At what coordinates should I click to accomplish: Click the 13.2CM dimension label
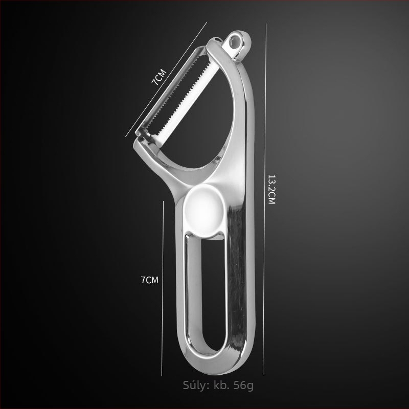(x=271, y=189)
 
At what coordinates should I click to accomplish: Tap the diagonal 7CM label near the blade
(x=159, y=77)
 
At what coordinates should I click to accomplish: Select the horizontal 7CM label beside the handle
(x=149, y=280)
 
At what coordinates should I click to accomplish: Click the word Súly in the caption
(x=196, y=385)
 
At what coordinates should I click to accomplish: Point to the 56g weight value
(x=243, y=385)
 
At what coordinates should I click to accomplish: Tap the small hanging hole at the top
(x=235, y=41)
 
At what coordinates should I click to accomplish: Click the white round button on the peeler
(x=203, y=211)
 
